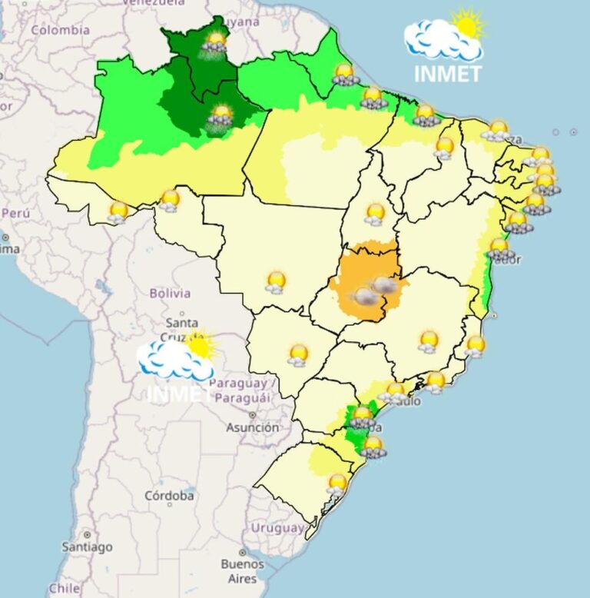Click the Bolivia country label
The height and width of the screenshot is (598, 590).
(170, 293)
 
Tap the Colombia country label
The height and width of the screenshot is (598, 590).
(61, 30)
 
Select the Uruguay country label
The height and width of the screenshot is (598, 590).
(278, 528)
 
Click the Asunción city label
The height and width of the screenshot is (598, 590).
(253, 427)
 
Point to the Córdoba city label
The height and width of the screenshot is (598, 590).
(169, 496)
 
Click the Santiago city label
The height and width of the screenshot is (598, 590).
(87, 547)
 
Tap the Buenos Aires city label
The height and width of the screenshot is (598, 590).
(242, 570)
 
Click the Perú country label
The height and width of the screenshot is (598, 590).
(15, 212)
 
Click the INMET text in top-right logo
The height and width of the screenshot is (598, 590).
(447, 74)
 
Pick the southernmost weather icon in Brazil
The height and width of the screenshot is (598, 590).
(336, 484)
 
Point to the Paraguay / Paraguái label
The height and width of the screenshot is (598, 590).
(239, 390)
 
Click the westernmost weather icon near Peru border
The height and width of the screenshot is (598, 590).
(118, 212)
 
